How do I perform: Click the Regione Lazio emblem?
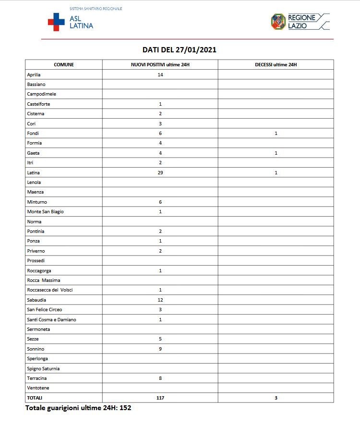pyautogui.click(x=278, y=21)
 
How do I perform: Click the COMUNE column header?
pyautogui.click(x=64, y=64)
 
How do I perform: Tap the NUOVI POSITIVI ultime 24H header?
pyautogui.click(x=160, y=64)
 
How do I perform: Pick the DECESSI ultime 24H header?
pyautogui.click(x=276, y=64)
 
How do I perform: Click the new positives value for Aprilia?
pyautogui.click(x=160, y=74)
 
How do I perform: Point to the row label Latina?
pyautogui.click(x=33, y=172)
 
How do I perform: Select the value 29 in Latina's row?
pyautogui.click(x=160, y=172)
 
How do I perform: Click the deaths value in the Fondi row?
pyautogui.click(x=276, y=133)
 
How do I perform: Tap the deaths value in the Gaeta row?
pyautogui.click(x=276, y=153)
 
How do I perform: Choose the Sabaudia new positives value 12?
pyautogui.click(x=160, y=300)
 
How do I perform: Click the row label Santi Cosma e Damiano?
pyautogui.click(x=52, y=319)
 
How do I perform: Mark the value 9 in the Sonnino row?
pyautogui.click(x=160, y=349)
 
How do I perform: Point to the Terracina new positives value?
pyautogui.click(x=160, y=378)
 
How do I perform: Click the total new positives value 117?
pyautogui.click(x=160, y=398)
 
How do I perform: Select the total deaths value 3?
pyautogui.click(x=276, y=398)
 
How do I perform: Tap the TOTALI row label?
pyautogui.click(x=35, y=398)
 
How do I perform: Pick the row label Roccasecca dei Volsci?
pyautogui.click(x=50, y=290)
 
